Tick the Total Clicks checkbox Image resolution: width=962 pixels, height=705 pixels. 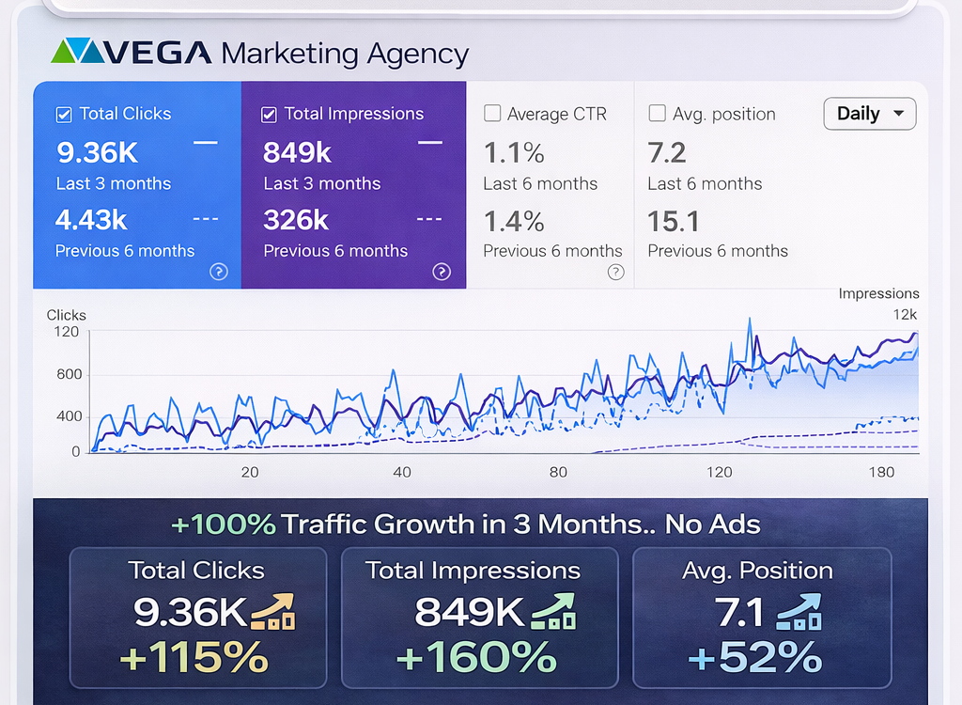(x=64, y=115)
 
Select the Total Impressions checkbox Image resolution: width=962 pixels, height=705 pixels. (x=269, y=115)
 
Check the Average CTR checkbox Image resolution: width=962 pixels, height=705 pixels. (x=491, y=115)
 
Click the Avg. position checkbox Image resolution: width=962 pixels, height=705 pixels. (x=658, y=115)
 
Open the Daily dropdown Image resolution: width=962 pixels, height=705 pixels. (x=870, y=114)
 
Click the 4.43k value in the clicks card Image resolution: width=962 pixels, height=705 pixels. (x=91, y=220)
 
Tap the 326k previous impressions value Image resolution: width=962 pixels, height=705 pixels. (x=296, y=220)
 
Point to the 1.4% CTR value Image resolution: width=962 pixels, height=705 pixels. (x=514, y=221)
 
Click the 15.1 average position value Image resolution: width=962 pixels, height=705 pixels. (x=674, y=221)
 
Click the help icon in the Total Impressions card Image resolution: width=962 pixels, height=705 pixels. (x=442, y=272)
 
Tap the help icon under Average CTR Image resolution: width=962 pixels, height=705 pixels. (x=615, y=272)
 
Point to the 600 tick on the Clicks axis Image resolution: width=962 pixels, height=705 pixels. (x=69, y=374)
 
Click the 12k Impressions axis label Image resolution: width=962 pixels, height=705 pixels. (x=905, y=314)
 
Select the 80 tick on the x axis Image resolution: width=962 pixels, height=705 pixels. (x=558, y=472)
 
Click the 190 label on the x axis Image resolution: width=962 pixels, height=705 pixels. (x=881, y=472)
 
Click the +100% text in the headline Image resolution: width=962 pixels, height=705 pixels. (x=224, y=525)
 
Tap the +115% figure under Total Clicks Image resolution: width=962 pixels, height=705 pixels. (x=194, y=657)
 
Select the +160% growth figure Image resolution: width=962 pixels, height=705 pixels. (x=475, y=657)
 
